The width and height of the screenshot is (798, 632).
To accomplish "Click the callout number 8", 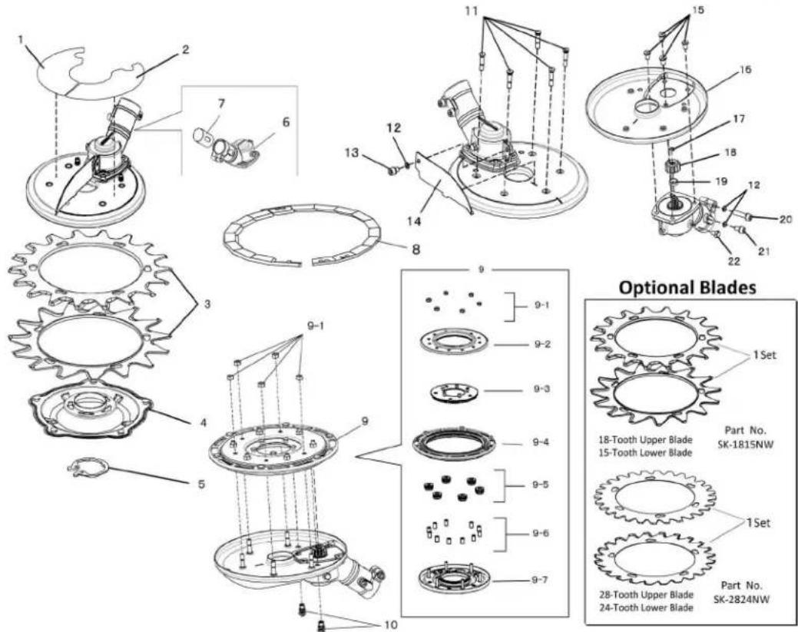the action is (x=416, y=250).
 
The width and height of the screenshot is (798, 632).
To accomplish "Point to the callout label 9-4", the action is (x=540, y=442).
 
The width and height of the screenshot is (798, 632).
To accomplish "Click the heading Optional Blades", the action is (x=687, y=287).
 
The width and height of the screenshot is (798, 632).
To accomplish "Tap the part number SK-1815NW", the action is (x=743, y=444).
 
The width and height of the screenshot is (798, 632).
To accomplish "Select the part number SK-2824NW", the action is (x=741, y=599).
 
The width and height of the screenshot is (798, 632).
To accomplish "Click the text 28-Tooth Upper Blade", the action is (x=646, y=595).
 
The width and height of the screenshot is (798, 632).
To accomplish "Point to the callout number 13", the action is (x=353, y=153).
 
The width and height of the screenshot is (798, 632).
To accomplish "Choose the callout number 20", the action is (x=786, y=220).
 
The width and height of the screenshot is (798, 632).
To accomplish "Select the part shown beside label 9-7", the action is (x=455, y=580).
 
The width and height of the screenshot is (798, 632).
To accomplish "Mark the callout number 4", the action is (x=203, y=422).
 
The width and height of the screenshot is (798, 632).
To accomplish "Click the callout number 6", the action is (x=286, y=122).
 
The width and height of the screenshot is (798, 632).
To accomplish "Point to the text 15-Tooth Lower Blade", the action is (x=646, y=452).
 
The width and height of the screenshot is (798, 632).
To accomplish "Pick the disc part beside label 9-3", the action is (x=455, y=393).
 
